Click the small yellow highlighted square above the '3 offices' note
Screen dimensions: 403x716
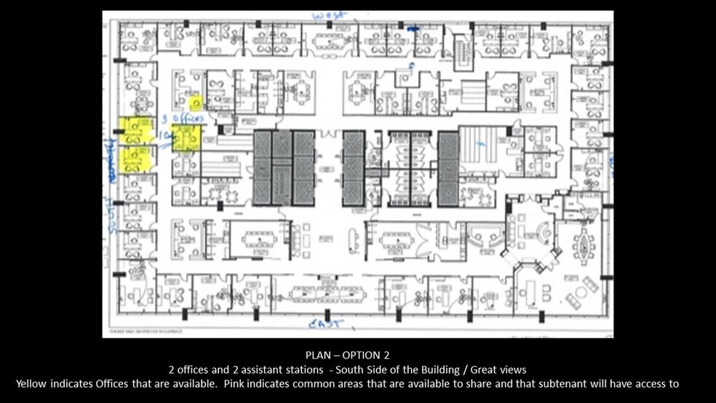tap(194, 103)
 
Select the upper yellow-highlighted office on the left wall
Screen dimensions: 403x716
tap(135, 131)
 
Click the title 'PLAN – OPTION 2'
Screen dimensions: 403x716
tap(348, 356)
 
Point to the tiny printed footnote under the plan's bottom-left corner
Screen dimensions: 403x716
tap(142, 330)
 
